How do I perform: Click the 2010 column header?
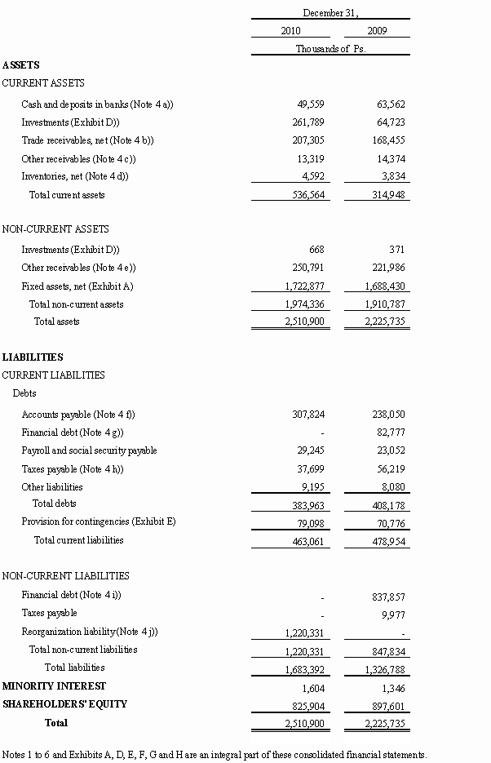(x=290, y=31)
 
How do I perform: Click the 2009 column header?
(x=377, y=31)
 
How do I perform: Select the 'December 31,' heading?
(x=330, y=13)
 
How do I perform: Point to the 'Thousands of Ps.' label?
(x=330, y=49)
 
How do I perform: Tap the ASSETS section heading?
(x=21, y=65)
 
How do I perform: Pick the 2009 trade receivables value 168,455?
(x=388, y=140)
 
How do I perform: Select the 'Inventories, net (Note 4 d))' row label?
(x=75, y=176)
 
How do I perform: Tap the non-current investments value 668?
(x=316, y=250)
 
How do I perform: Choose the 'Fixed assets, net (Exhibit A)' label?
(x=77, y=286)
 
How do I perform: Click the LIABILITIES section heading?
(x=33, y=357)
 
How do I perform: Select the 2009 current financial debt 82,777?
(x=388, y=433)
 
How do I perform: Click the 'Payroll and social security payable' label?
(x=89, y=450)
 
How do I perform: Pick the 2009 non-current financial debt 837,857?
(x=388, y=596)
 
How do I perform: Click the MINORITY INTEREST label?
(x=54, y=686)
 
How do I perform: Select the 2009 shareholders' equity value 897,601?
(x=388, y=705)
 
